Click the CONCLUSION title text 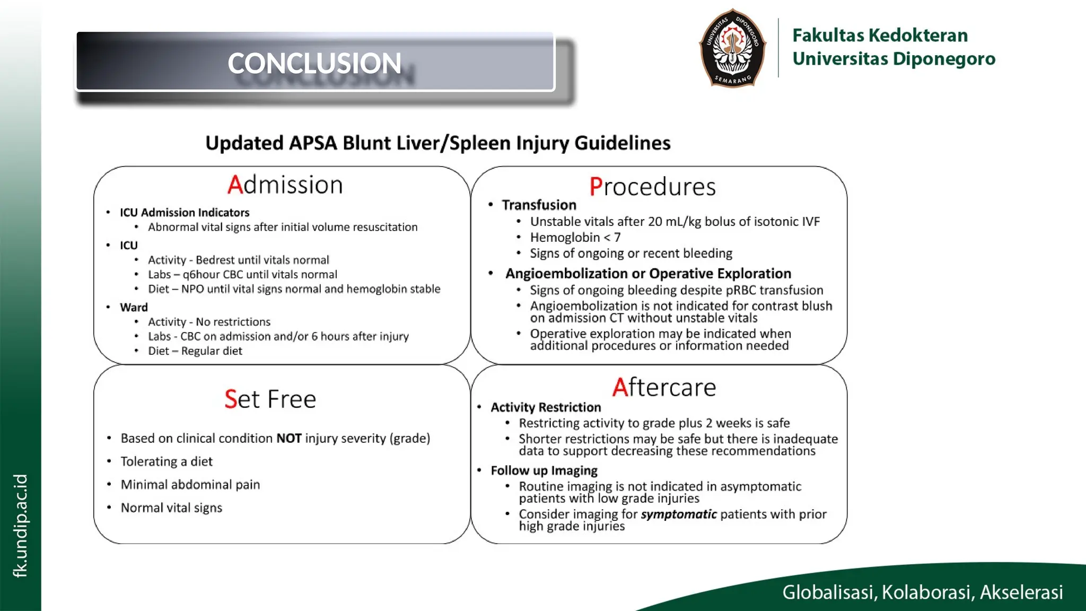pyautogui.click(x=314, y=63)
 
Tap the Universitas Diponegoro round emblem pyautogui.click(x=732, y=48)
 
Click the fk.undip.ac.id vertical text pyautogui.click(x=20, y=525)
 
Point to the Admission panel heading pyautogui.click(x=285, y=185)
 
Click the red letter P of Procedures pyautogui.click(x=595, y=187)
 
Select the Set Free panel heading pyautogui.click(x=270, y=399)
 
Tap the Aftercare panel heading pyautogui.click(x=664, y=387)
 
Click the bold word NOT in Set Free pyautogui.click(x=289, y=439)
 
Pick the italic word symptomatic pyautogui.click(x=679, y=514)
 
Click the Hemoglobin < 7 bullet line pyautogui.click(x=575, y=238)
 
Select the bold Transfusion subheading pyautogui.click(x=539, y=205)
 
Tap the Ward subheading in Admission pyautogui.click(x=134, y=308)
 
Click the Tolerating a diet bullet pyautogui.click(x=167, y=461)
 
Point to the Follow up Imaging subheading pyautogui.click(x=544, y=470)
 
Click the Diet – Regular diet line pyautogui.click(x=195, y=351)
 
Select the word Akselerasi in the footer pyautogui.click(x=1021, y=592)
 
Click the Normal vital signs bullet pyautogui.click(x=171, y=508)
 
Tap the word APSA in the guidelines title pyautogui.click(x=313, y=143)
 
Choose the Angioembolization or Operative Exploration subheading pyautogui.click(x=648, y=274)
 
